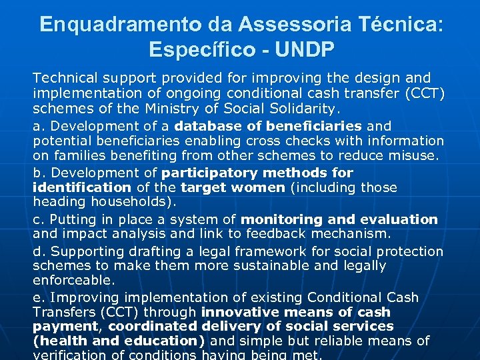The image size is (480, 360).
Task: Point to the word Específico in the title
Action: pos(199,50)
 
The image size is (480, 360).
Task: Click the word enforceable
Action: pos(74,281)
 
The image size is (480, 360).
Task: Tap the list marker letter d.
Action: pos(37,251)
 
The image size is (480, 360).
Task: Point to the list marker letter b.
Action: pos(37,173)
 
